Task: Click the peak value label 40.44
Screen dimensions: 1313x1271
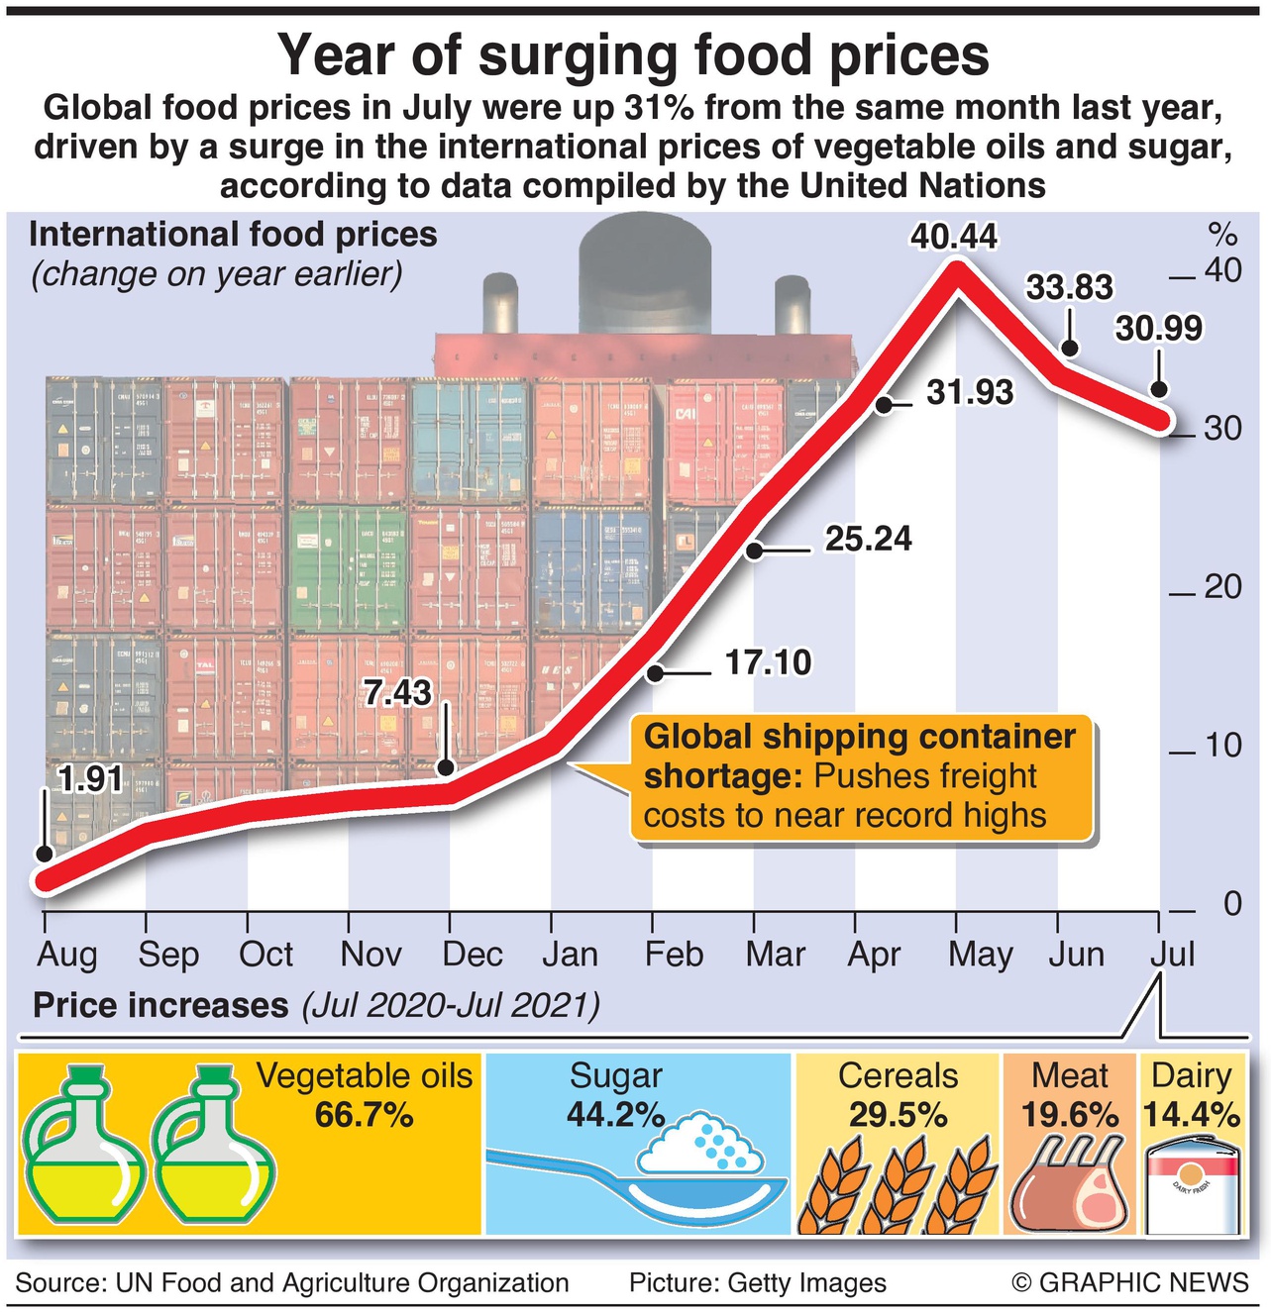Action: [x=954, y=238]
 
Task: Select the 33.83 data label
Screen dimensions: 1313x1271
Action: [x=1069, y=287]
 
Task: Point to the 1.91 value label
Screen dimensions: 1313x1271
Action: [x=90, y=779]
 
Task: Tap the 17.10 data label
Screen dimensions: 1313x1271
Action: [x=768, y=662]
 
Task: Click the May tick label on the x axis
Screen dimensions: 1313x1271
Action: [x=980, y=955]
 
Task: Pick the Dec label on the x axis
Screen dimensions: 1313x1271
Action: [x=472, y=955]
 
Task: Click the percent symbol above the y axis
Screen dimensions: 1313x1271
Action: [x=1222, y=236]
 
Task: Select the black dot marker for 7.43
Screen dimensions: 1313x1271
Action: [x=446, y=767]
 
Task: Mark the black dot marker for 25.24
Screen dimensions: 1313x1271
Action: [x=755, y=550]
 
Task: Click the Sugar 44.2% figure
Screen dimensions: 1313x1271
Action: [x=615, y=1115]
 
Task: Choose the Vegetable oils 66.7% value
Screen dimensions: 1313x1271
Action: [x=364, y=1115]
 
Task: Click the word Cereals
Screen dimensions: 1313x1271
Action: [x=898, y=1076]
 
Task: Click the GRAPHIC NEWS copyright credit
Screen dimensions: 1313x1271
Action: [x=1129, y=1283]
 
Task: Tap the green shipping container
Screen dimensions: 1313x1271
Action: [x=348, y=568]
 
